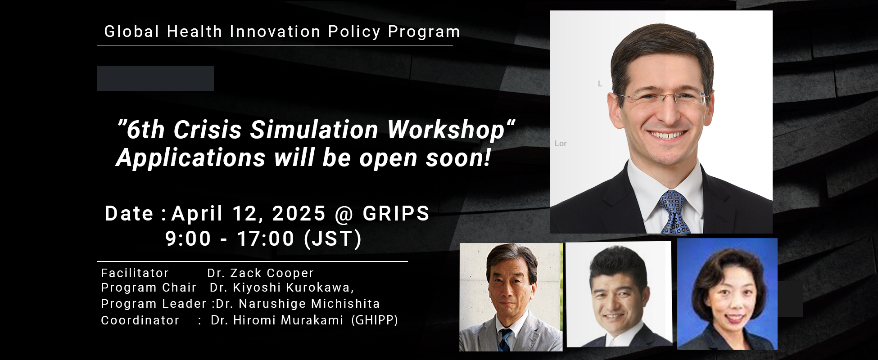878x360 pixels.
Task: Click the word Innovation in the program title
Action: click(275, 32)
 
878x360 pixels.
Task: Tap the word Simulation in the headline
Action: click(314, 130)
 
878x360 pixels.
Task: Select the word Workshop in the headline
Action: click(446, 130)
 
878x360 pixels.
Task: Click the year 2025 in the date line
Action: click(299, 213)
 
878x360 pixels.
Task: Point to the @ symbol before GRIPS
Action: click(344, 214)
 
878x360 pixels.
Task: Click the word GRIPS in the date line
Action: click(396, 213)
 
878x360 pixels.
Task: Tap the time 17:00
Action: click(266, 238)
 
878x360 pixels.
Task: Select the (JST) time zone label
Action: click(333, 238)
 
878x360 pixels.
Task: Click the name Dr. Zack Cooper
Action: click(260, 273)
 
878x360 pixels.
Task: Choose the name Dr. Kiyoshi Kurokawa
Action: click(281, 288)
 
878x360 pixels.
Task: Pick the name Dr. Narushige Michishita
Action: click(298, 304)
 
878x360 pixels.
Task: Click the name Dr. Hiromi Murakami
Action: click(277, 320)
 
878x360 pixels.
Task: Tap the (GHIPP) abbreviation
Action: click(375, 320)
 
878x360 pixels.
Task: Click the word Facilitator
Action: click(135, 273)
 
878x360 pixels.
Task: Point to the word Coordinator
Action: click(140, 320)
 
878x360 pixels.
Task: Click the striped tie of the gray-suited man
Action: click(505, 340)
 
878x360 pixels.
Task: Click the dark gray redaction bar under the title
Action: click(155, 78)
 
